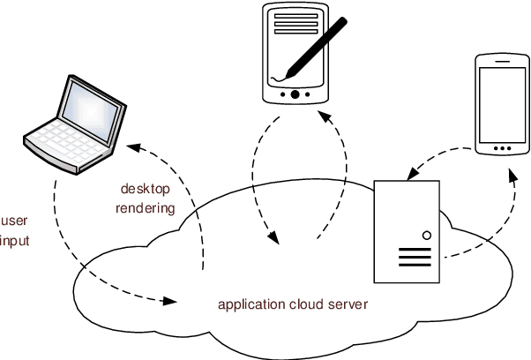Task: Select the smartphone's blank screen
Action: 499,102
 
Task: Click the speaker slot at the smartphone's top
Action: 499,64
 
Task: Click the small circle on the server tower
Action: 427,236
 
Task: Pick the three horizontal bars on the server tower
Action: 413,258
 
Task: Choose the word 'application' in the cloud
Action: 251,305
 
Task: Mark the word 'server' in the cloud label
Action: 347,305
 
